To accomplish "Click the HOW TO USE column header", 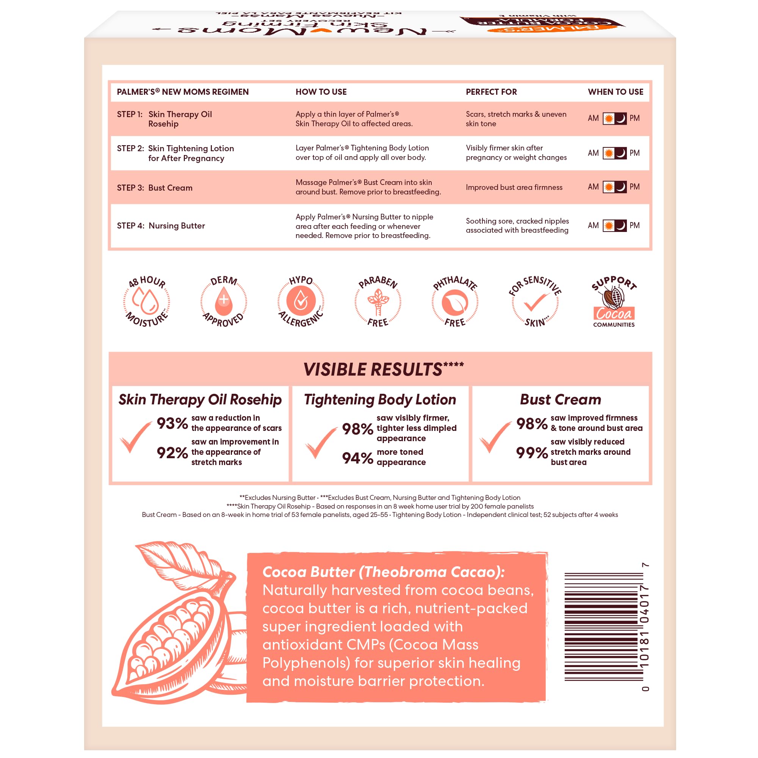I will pyautogui.click(x=321, y=92).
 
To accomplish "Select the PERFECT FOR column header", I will pyautogui.click(x=491, y=92).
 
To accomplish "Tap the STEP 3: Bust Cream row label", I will pyautogui.click(x=155, y=188).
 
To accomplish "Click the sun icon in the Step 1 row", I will pyautogui.click(x=609, y=119).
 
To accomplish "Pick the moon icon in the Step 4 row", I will pyautogui.click(x=621, y=226).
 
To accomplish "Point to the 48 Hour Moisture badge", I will pyautogui.click(x=146, y=301).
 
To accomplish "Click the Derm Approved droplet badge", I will pyautogui.click(x=224, y=301).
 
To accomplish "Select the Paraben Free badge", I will pyautogui.click(x=378, y=301).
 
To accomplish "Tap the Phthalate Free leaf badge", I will pyautogui.click(x=455, y=301).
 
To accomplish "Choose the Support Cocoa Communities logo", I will pyautogui.click(x=614, y=301).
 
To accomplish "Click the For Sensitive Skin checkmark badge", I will pyautogui.click(x=535, y=301).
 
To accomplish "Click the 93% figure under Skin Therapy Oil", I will pyautogui.click(x=172, y=423).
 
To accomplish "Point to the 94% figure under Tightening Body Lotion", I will pyautogui.click(x=357, y=458).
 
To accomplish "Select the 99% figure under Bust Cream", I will pyautogui.click(x=532, y=453).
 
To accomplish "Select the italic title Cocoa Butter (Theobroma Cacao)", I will pyautogui.click(x=383, y=572).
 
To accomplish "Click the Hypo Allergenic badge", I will pyautogui.click(x=301, y=301).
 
